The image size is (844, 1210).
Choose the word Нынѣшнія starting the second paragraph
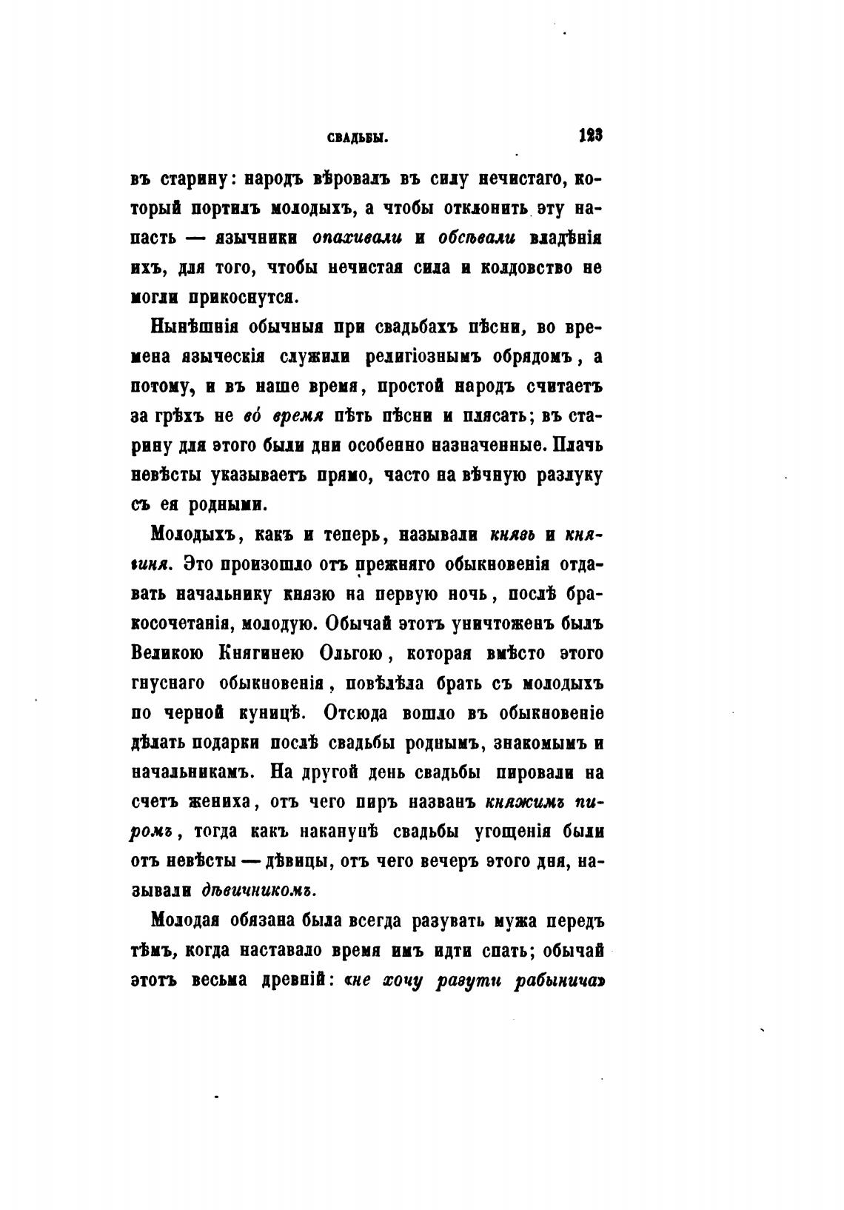(191, 327)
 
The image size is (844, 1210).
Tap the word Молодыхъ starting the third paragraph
(188, 534)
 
